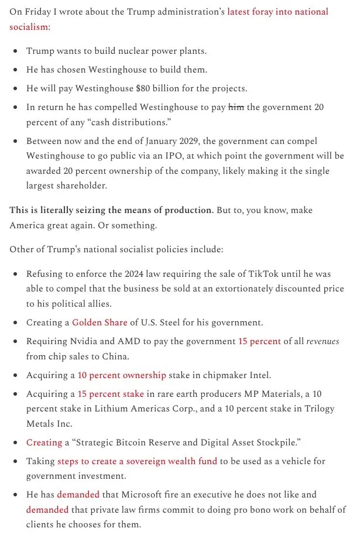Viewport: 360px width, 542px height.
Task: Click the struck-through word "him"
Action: click(x=235, y=107)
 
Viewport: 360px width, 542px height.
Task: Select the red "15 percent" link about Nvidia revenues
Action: click(x=259, y=341)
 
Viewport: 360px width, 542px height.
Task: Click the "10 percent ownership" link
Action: click(x=122, y=375)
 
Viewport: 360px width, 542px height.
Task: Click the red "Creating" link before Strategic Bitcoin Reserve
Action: click(x=44, y=442)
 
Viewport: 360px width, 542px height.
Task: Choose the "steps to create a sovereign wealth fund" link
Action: click(x=137, y=461)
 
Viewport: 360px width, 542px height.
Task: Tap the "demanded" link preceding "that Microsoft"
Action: click(x=78, y=495)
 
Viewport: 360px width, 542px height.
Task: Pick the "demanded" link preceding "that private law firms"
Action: click(x=47, y=509)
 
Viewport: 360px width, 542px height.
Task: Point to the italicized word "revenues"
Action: click(x=323, y=341)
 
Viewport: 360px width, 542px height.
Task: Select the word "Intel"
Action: click(x=258, y=375)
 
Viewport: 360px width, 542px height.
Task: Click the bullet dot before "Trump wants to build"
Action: click(x=15, y=51)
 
